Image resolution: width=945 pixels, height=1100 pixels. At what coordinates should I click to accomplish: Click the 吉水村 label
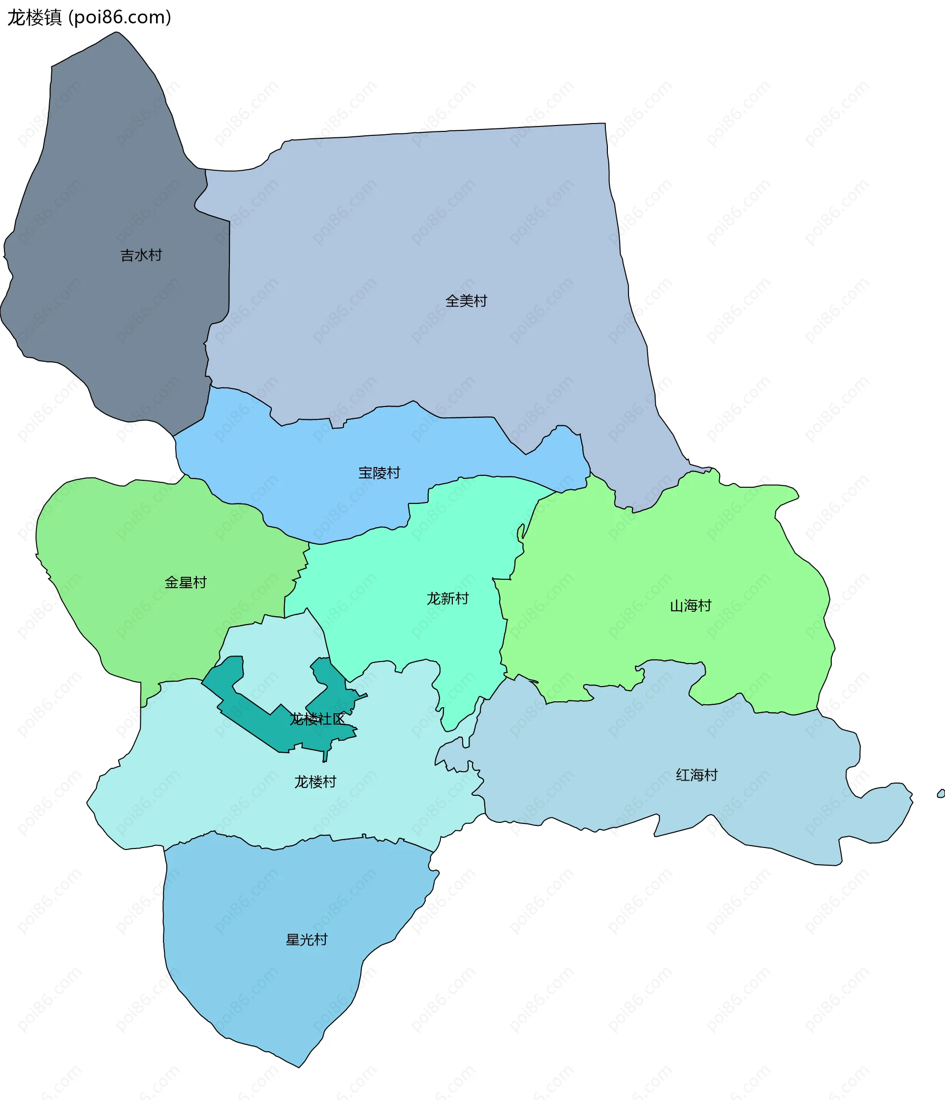click(x=141, y=255)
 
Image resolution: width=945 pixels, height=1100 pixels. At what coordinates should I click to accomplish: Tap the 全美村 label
click(x=466, y=301)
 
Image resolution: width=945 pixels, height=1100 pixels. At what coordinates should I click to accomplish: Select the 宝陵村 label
click(x=379, y=473)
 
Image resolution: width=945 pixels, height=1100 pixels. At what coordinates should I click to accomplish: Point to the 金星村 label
click(x=185, y=582)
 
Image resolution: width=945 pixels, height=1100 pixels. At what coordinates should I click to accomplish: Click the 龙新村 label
click(x=447, y=598)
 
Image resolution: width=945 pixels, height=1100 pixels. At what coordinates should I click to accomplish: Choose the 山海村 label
click(x=690, y=605)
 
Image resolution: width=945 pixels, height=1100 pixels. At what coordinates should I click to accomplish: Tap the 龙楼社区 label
click(x=317, y=719)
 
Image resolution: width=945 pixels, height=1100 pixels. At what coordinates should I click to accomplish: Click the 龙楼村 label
click(x=315, y=782)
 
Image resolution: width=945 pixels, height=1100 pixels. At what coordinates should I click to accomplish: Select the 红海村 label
click(x=696, y=775)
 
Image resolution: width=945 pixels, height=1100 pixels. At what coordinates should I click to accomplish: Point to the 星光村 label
click(x=306, y=940)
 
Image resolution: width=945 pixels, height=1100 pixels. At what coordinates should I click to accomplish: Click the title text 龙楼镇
click(x=34, y=18)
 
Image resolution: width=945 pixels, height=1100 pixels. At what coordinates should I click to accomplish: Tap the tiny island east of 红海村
click(x=941, y=794)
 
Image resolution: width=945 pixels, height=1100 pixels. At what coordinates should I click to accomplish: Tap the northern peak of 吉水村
click(x=116, y=33)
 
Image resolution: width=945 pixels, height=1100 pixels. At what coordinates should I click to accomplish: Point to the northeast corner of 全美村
click(x=604, y=125)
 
